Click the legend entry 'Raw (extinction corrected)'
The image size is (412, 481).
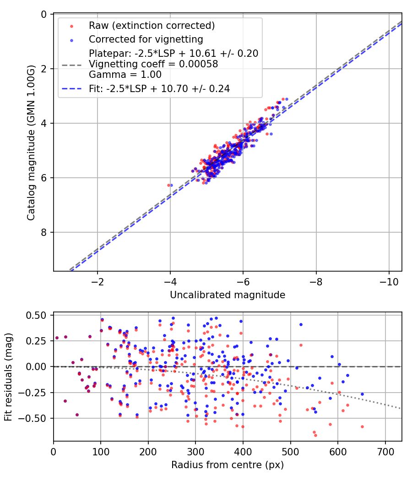(x=152, y=26)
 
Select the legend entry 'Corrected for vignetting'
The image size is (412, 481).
(x=146, y=39)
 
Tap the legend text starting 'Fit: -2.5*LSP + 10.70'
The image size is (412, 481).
(x=159, y=89)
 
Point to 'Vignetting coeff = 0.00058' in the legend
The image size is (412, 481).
(x=153, y=64)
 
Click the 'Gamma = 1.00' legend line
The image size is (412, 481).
(x=125, y=75)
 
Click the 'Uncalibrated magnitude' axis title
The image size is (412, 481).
(x=228, y=295)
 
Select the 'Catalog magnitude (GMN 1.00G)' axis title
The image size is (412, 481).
(x=31, y=142)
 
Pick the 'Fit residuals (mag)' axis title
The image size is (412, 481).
(x=8, y=377)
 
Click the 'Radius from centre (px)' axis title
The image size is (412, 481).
(x=228, y=465)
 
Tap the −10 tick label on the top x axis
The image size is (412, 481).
(x=389, y=280)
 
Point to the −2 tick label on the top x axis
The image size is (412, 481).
(x=98, y=280)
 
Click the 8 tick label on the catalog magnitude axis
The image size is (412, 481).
(x=43, y=232)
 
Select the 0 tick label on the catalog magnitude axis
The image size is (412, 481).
(x=43, y=14)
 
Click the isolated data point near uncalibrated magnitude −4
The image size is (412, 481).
(x=169, y=185)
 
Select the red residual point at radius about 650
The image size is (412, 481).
(x=362, y=426)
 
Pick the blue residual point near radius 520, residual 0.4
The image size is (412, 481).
(x=301, y=324)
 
